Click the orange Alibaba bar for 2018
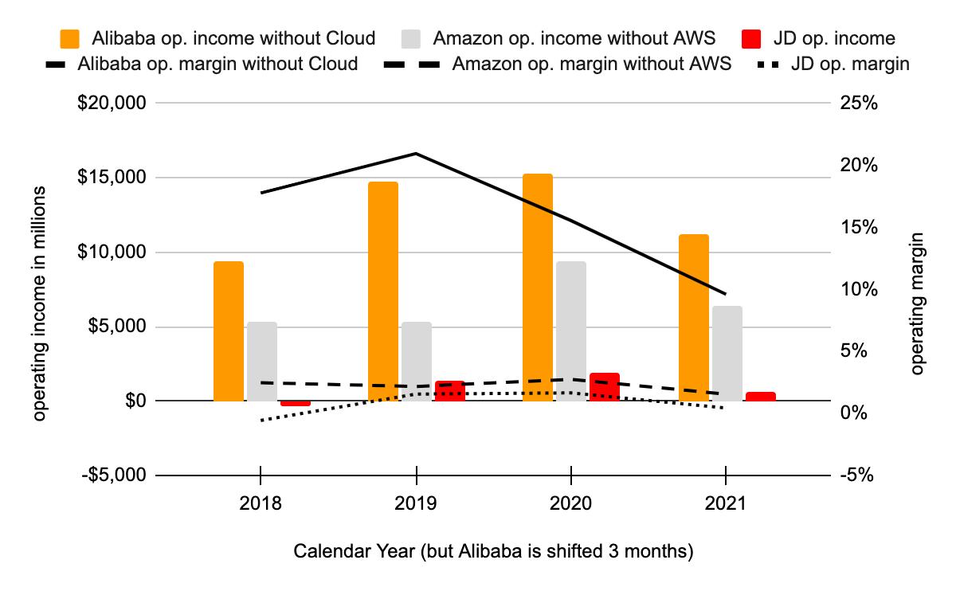(229, 331)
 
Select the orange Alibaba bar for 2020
(538, 287)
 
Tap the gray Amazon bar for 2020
(571, 331)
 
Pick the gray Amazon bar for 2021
(727, 353)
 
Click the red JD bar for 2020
(605, 386)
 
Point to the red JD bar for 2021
(760, 396)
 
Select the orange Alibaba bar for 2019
(383, 291)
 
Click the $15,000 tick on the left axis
(112, 178)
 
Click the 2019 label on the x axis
(416, 503)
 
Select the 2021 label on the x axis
(726, 503)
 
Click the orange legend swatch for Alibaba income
(70, 38)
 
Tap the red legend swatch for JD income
(752, 38)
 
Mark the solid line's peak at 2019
(416, 153)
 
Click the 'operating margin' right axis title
(918, 303)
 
